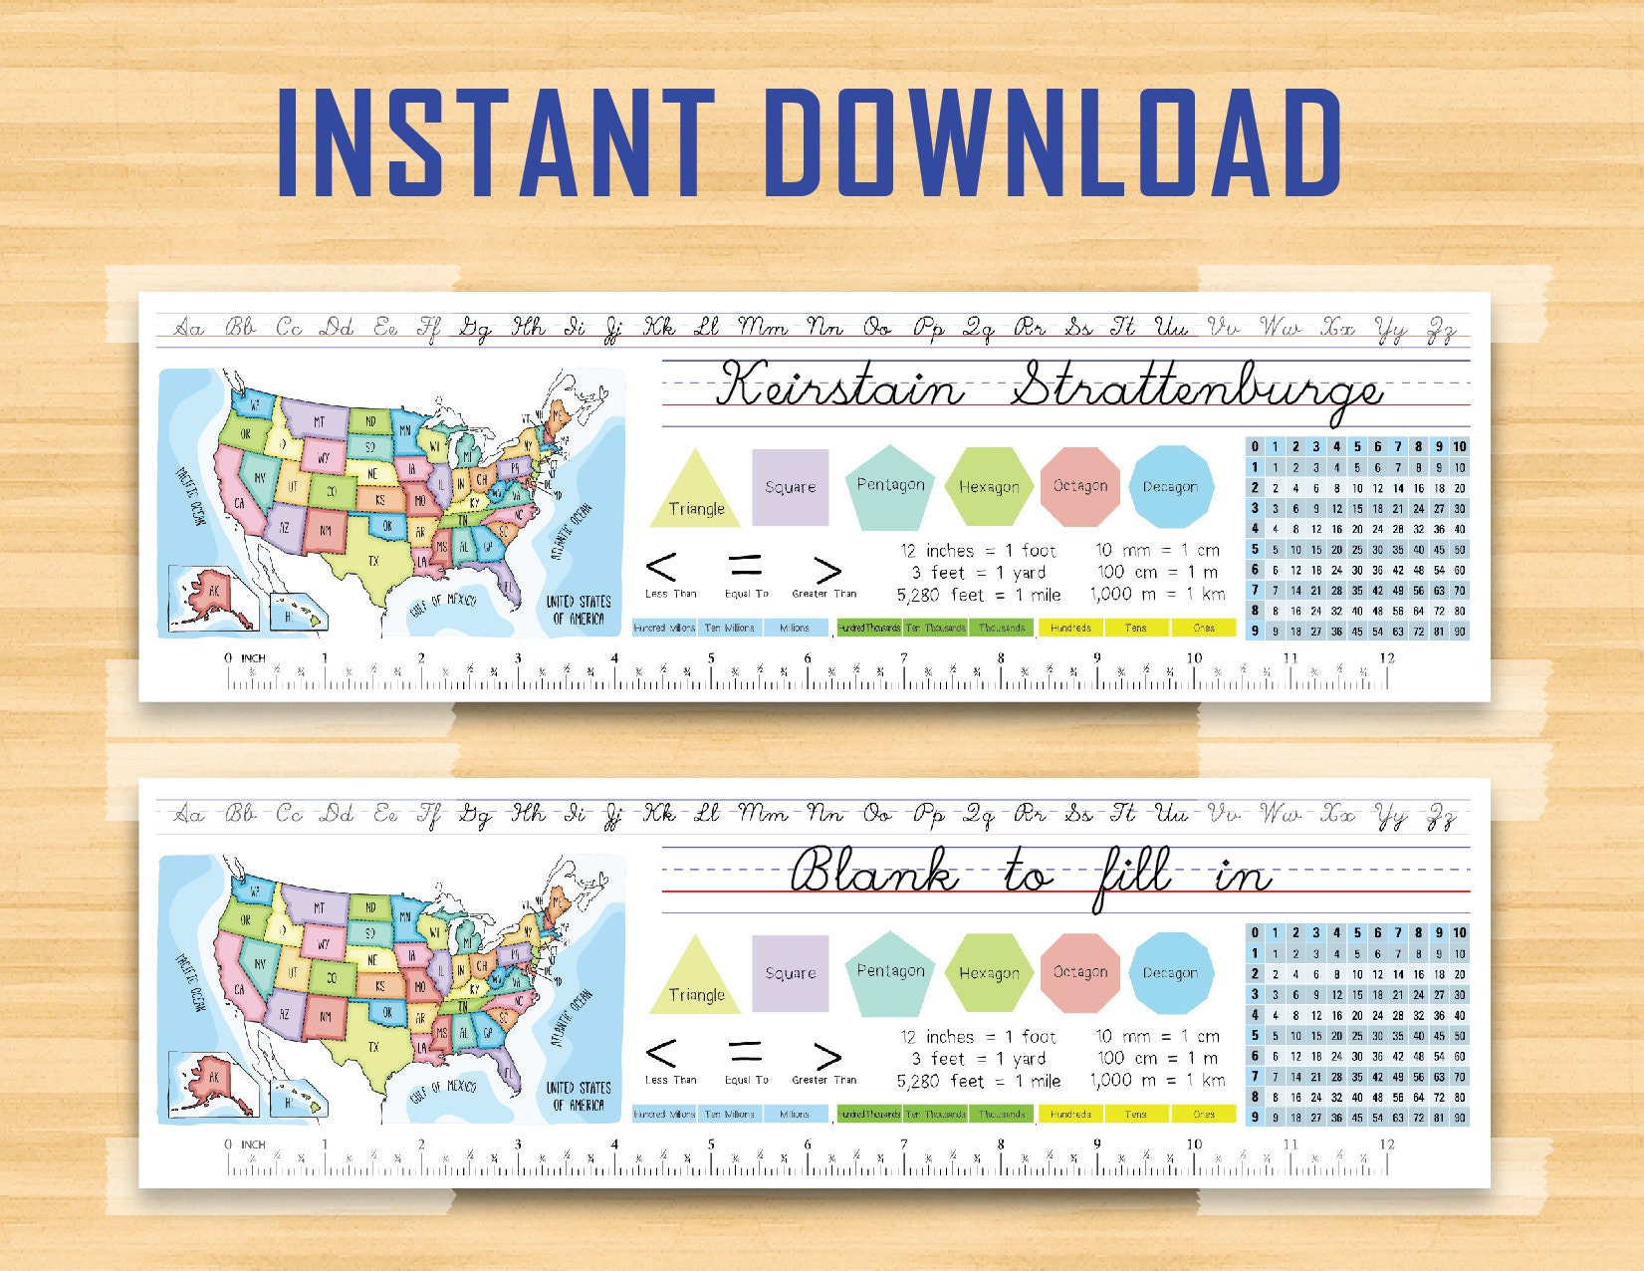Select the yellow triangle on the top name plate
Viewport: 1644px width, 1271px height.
click(695, 493)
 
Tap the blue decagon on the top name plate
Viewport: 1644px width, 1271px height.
click(1170, 486)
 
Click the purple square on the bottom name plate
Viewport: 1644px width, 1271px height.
click(790, 973)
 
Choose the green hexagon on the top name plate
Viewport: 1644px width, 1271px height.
click(988, 486)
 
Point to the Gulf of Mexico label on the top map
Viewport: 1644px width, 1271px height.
click(443, 601)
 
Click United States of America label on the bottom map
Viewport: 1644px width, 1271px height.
click(578, 1096)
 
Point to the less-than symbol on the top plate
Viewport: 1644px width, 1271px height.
click(661, 568)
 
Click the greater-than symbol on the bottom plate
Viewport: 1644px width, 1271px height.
click(827, 1056)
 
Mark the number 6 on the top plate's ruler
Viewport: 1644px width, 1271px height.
click(807, 658)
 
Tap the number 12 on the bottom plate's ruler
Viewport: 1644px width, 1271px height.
click(1386, 1144)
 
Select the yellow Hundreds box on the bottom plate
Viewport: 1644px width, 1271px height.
click(1070, 1114)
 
